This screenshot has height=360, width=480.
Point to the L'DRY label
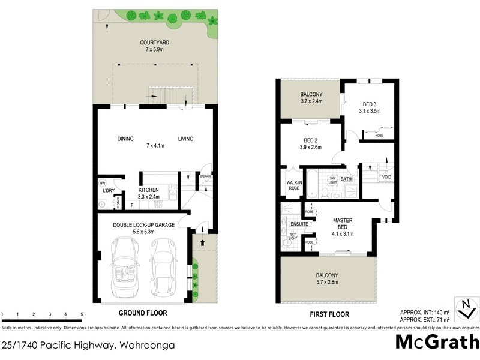coord(108,191)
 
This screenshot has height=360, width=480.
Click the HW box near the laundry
coord(103,183)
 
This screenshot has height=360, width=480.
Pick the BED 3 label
coord(370,104)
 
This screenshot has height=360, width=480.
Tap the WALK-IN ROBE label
coord(294,185)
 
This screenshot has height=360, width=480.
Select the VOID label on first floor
coord(386,178)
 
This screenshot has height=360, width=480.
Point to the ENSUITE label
coord(300,224)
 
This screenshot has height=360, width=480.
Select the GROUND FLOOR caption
coord(142,313)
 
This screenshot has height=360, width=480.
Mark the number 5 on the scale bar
coord(81,314)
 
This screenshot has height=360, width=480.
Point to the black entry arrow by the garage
coord(202,243)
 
